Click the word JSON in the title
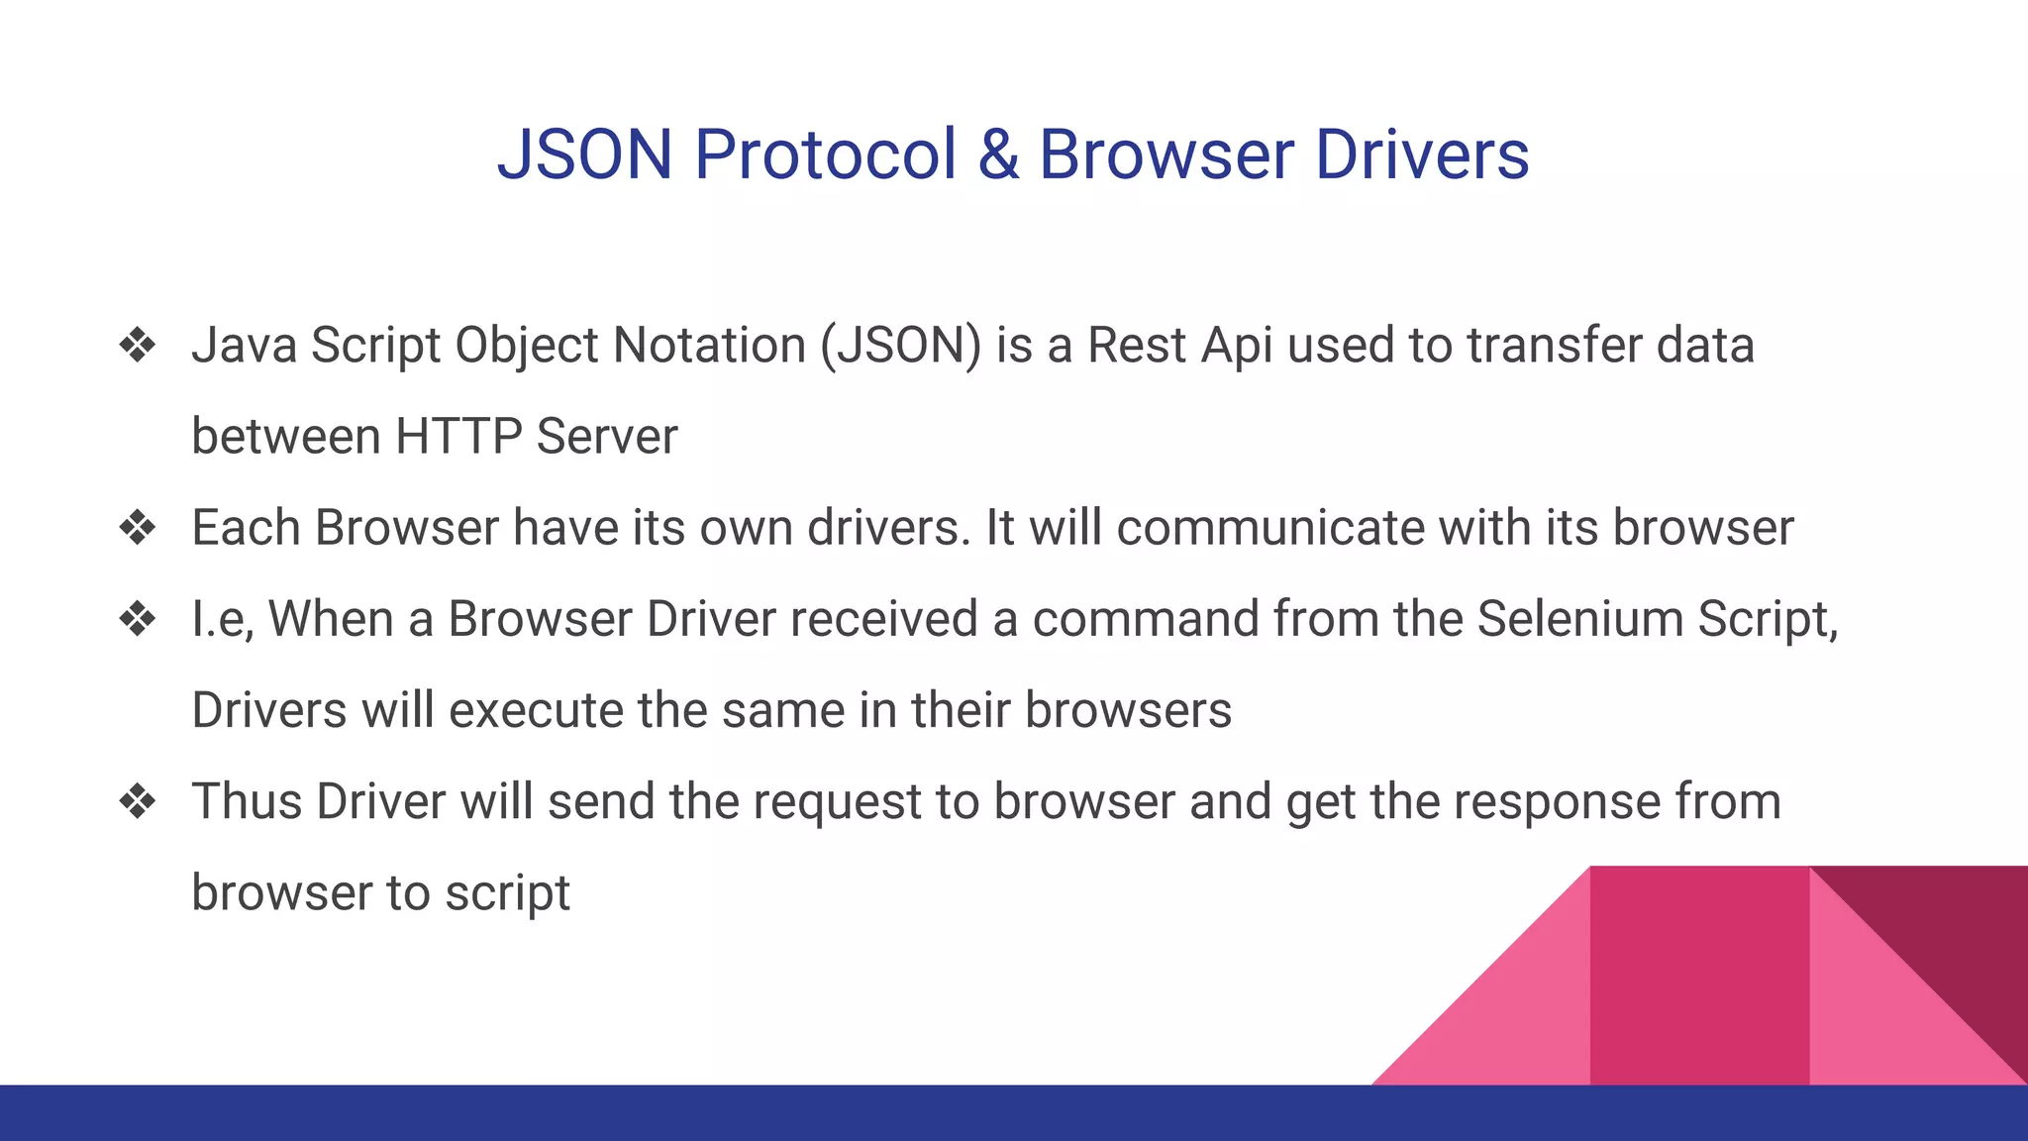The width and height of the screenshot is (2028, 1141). pos(584,156)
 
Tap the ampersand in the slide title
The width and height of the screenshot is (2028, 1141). pos(998,156)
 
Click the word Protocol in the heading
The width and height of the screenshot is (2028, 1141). pos(825,156)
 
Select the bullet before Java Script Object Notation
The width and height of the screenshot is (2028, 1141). pos(138,346)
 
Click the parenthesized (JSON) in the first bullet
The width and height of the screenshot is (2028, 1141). pos(900,347)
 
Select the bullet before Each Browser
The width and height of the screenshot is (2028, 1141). pos(138,528)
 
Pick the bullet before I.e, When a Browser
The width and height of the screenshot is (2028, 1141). pos(138,619)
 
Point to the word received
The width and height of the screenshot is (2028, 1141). pos(883,619)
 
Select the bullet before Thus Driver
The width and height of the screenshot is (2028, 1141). pos(138,801)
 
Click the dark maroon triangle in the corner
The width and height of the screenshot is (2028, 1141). pos(1951,931)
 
